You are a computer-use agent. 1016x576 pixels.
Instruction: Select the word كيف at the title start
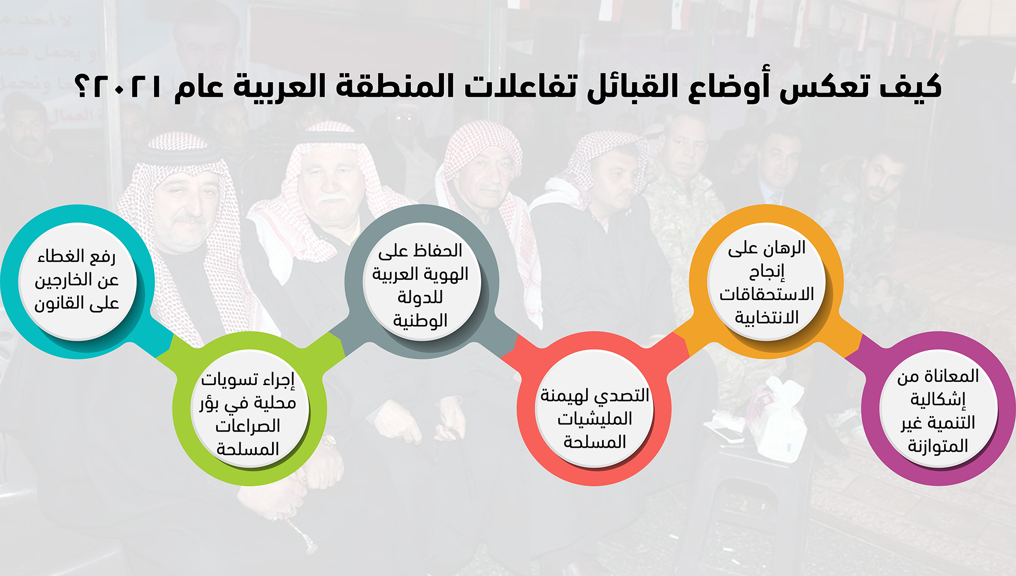pyautogui.click(x=910, y=86)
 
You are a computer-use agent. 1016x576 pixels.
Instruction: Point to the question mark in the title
pyautogui.click(x=83, y=86)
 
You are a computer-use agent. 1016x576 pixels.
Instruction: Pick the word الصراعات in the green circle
pyautogui.click(x=248, y=426)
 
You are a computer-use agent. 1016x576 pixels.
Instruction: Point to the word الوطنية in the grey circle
pyautogui.click(x=420, y=321)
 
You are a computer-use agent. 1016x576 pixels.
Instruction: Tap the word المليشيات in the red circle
pyautogui.click(x=595, y=419)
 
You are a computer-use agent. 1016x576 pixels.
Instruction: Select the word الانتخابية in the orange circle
pyautogui.click(x=767, y=317)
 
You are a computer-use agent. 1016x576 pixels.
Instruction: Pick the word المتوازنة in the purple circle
pyautogui.click(x=938, y=446)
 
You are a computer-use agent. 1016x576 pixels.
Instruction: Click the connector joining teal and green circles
pyautogui.click(x=165, y=345)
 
